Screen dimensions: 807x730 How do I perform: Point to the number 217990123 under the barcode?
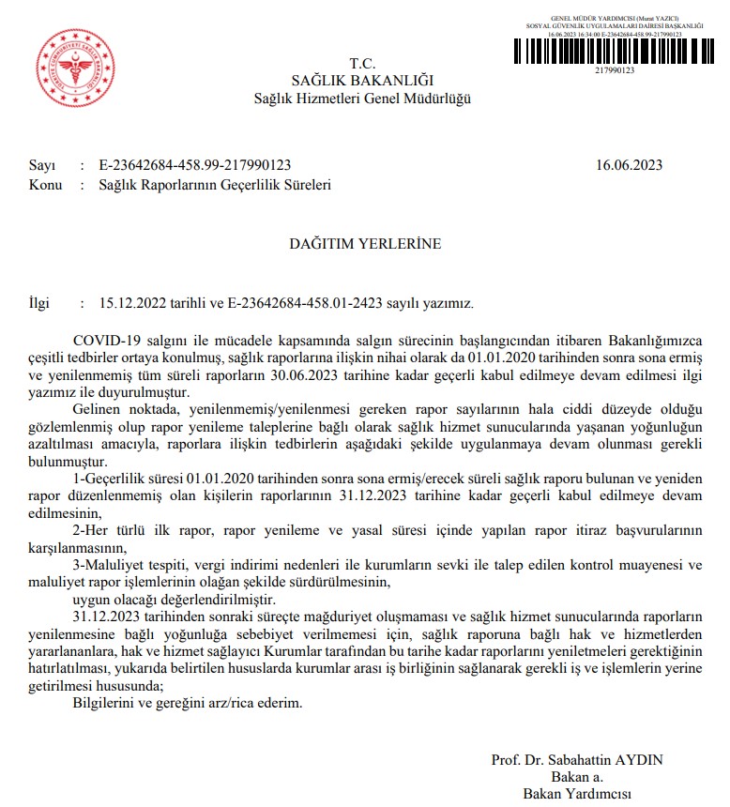coord(615,70)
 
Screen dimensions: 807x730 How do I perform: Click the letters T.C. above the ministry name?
coord(362,64)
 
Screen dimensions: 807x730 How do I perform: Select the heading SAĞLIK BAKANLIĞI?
coord(362,81)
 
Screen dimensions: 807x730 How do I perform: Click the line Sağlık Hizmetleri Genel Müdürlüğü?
coord(363,99)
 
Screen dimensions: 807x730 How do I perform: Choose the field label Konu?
coord(45,185)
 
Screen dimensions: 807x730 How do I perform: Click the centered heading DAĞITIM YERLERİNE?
coord(364,244)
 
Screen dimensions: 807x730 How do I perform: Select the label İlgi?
coord(41,303)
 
